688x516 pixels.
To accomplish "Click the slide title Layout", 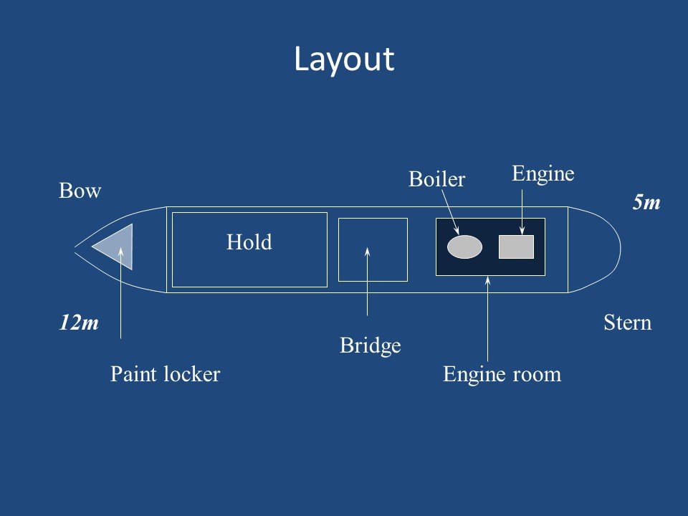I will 344,59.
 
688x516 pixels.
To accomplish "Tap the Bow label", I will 80,192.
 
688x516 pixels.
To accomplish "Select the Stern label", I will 628,323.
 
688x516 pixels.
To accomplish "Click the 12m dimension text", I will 79,323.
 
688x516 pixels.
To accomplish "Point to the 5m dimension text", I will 646,204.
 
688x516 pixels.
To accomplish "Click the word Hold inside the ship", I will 249,242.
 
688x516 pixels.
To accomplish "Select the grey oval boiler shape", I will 464,247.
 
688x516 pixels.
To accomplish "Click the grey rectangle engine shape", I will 516,247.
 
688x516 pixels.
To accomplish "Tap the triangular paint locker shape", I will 117,246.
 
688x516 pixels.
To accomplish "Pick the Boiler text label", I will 437,179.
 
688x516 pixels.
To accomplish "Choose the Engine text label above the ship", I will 544,173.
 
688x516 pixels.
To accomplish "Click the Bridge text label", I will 370,347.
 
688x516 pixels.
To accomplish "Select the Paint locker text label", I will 165,374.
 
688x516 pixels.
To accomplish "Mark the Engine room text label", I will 502,374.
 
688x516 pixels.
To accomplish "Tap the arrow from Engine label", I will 522,211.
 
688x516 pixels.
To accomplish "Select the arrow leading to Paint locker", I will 121,294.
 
